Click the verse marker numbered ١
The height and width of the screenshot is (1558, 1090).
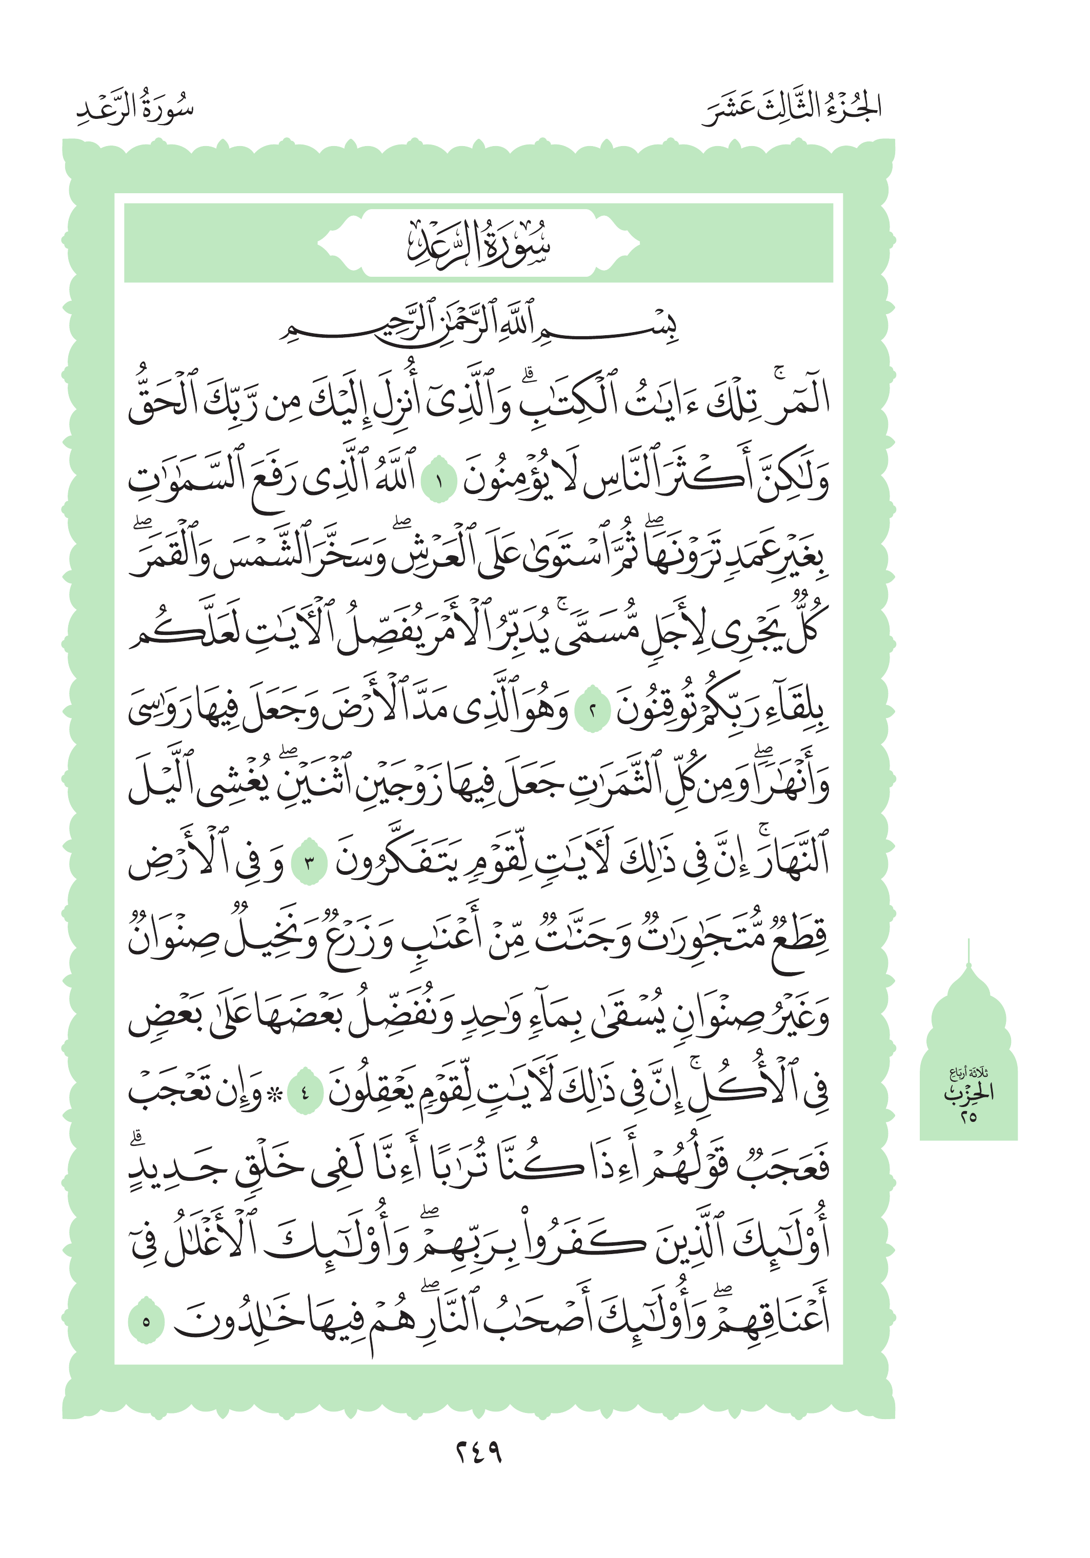tap(438, 483)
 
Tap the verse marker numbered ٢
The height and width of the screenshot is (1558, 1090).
tap(592, 712)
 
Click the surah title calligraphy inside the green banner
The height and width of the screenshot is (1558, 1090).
tap(478, 244)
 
